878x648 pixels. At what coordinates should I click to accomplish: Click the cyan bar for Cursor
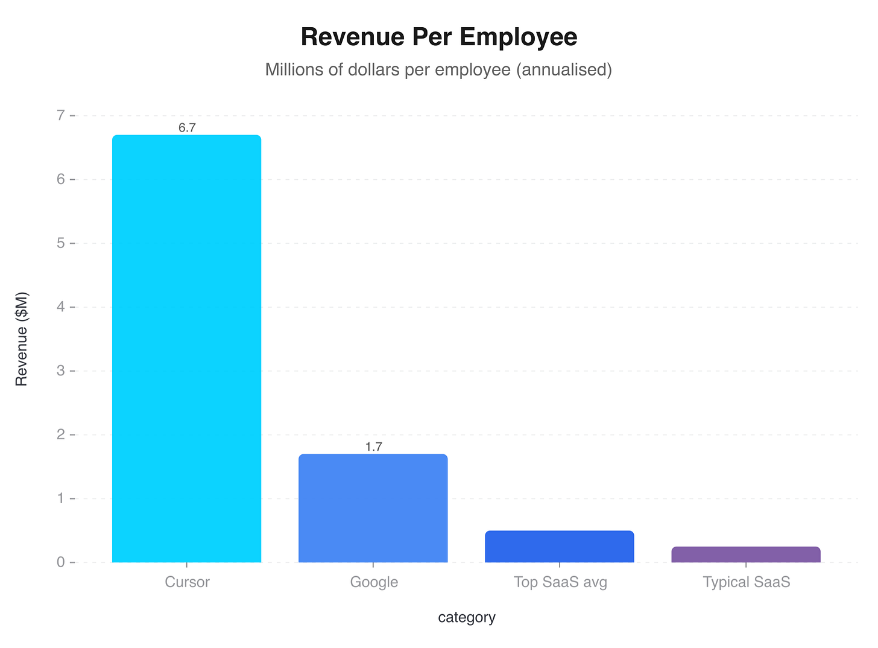click(186, 349)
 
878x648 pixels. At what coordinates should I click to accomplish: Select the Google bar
click(373, 508)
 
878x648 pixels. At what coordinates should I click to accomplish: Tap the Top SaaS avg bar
click(559, 547)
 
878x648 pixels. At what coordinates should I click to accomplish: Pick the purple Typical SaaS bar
click(745, 554)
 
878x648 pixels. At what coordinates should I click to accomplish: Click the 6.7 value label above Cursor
click(187, 128)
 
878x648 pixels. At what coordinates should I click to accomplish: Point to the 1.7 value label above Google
click(373, 447)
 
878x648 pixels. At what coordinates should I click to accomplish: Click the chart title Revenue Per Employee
click(438, 37)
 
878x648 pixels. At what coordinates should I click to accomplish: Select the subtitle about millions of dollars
click(438, 70)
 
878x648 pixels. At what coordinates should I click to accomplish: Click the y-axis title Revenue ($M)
click(22, 339)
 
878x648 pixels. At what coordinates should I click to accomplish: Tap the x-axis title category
click(467, 617)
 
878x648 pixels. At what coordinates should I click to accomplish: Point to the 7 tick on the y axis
click(61, 115)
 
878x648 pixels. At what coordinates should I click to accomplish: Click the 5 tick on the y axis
click(61, 243)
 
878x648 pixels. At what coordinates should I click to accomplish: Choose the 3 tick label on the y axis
click(61, 371)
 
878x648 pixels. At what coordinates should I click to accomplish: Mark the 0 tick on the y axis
click(61, 562)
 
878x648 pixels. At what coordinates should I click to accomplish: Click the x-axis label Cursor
click(187, 582)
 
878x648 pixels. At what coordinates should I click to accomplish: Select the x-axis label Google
click(374, 582)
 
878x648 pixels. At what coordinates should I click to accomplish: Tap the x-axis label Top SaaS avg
click(560, 582)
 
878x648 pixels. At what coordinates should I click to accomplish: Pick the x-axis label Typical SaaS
click(746, 582)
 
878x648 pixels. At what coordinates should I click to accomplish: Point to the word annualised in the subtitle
click(564, 70)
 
